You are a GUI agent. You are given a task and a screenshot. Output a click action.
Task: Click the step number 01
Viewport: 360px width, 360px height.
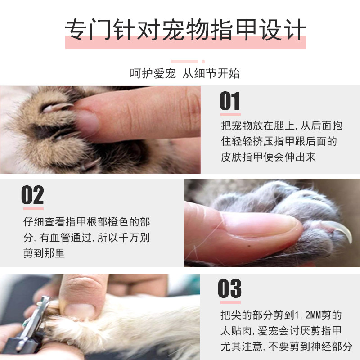(230, 101)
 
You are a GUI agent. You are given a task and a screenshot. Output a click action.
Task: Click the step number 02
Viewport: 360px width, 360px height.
(32, 195)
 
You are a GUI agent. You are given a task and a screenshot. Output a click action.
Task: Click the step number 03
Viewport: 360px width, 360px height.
(229, 288)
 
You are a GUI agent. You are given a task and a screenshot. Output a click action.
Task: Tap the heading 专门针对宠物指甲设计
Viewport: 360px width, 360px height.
(185, 30)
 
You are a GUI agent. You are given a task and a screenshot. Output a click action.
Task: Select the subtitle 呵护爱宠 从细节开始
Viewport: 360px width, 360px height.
(185, 73)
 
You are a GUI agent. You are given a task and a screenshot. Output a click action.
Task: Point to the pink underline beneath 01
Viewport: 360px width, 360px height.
(230, 115)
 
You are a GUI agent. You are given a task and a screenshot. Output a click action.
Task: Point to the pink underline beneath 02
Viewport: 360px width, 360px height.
(33, 209)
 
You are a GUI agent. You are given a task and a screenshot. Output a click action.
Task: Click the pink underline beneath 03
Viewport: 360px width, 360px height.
(230, 302)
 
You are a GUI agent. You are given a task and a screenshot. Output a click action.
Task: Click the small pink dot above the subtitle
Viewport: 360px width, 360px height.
(203, 62)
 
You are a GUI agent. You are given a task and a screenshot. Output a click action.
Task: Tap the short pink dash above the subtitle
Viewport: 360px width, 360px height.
(184, 61)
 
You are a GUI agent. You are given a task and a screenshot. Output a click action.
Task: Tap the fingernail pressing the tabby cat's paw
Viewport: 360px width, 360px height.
(87, 123)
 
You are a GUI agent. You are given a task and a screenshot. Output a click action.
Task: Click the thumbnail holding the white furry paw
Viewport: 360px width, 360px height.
(79, 311)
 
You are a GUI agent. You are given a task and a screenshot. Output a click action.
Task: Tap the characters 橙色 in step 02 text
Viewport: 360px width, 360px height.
(118, 222)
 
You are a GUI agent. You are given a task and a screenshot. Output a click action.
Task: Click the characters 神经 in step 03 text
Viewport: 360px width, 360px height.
(320, 346)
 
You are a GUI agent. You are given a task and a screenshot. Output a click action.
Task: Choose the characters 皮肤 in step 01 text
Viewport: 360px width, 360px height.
(231, 157)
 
